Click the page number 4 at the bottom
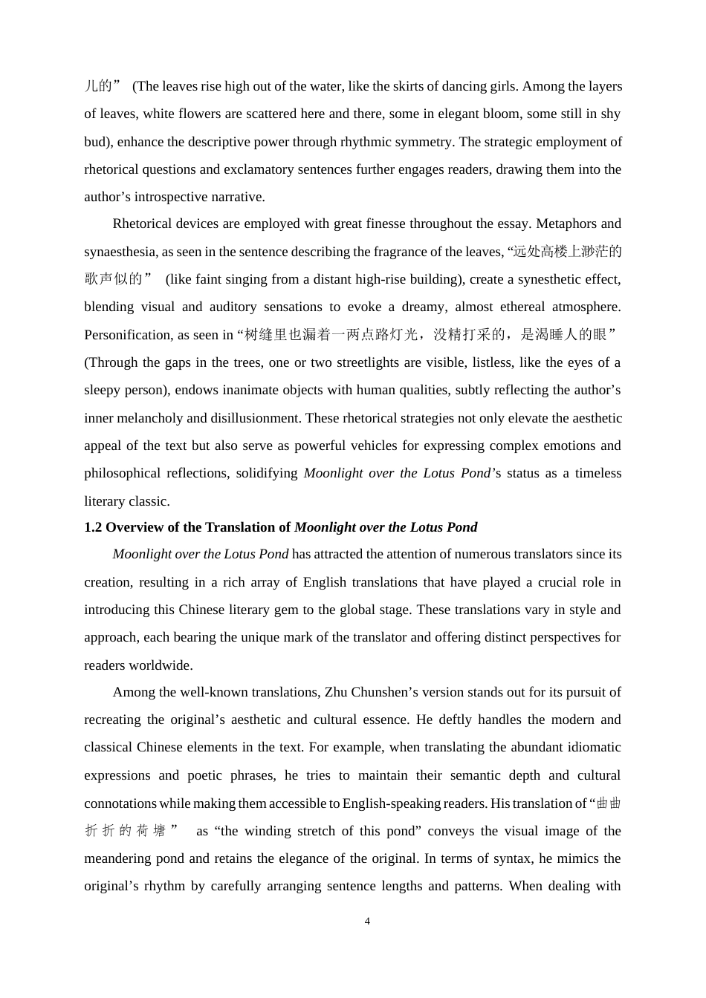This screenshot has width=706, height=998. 367,922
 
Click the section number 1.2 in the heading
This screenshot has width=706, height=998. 93,527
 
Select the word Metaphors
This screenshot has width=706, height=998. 566,224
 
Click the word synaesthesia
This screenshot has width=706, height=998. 118,252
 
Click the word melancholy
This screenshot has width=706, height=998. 150,418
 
